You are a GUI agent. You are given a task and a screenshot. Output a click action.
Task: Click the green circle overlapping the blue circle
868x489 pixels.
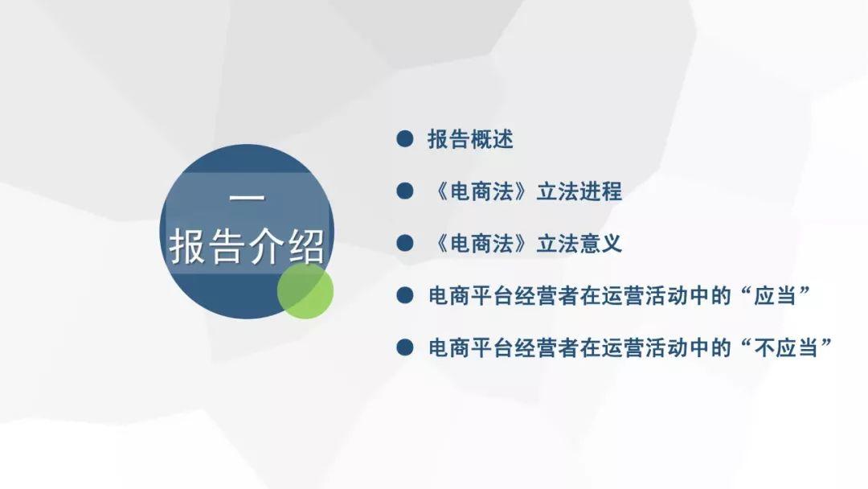(x=305, y=291)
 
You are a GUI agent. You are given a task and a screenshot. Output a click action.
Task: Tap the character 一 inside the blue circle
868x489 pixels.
(x=247, y=197)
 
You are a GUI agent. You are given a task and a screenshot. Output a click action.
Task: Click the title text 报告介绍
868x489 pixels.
(x=247, y=246)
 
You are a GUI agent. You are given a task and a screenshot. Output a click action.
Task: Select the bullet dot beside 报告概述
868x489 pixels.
(x=404, y=138)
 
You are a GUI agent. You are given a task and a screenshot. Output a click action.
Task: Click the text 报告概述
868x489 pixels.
(x=470, y=139)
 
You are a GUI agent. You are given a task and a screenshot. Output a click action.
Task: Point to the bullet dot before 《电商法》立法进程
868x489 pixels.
(x=404, y=191)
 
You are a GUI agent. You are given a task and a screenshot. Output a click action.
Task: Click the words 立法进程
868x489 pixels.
(x=579, y=191)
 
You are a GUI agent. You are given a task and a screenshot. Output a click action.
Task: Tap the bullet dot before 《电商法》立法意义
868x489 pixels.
(x=404, y=243)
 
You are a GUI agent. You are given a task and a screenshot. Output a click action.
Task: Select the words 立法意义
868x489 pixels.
(x=579, y=244)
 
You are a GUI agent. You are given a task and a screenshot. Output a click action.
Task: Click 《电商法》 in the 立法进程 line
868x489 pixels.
(x=481, y=191)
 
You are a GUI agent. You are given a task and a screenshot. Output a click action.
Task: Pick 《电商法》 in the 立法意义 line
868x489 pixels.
(x=481, y=244)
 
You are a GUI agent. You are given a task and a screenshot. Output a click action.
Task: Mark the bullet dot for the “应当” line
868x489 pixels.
(x=404, y=295)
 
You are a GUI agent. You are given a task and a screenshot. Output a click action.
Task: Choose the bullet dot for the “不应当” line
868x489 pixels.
(x=404, y=347)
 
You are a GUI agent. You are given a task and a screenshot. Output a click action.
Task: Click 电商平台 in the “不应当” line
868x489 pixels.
(x=470, y=347)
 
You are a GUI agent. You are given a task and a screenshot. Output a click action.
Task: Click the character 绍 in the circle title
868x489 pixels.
(x=307, y=246)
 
